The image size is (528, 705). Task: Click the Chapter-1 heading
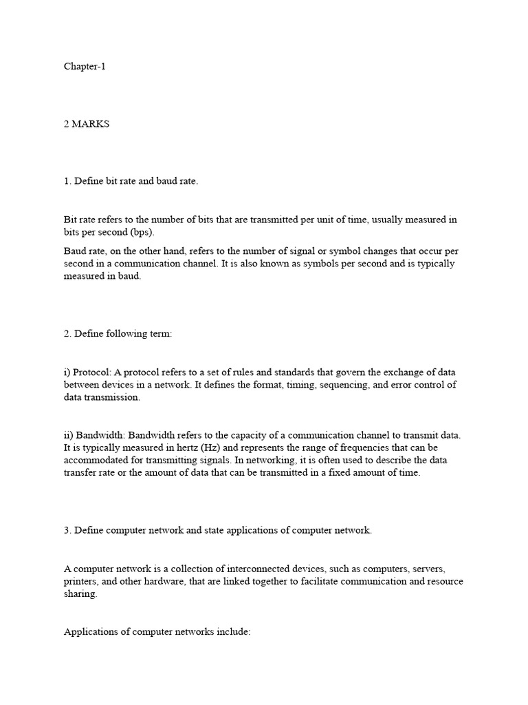(85, 67)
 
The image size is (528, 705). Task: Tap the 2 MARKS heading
(87, 124)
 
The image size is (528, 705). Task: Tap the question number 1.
(67, 181)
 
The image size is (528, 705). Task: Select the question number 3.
(67, 530)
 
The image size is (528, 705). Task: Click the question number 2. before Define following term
(67, 334)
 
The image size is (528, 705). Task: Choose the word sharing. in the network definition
(80, 594)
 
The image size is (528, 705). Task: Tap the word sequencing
(344, 385)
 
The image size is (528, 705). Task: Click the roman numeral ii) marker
(69, 436)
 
